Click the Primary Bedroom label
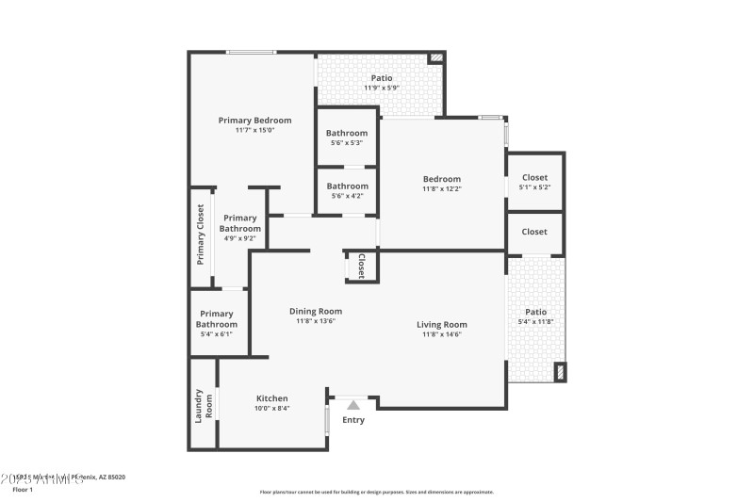(254, 120)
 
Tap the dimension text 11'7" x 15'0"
(254, 131)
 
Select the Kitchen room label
(272, 397)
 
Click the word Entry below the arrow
(353, 420)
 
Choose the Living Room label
(442, 325)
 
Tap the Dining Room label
(315, 311)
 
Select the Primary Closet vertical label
(200, 235)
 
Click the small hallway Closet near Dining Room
(361, 266)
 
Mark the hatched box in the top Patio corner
(435, 58)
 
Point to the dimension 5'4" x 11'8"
(535, 323)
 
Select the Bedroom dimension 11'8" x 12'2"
(441, 189)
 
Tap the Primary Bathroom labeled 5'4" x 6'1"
(217, 319)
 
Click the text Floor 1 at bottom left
(22, 490)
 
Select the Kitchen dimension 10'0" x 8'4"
(272, 409)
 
